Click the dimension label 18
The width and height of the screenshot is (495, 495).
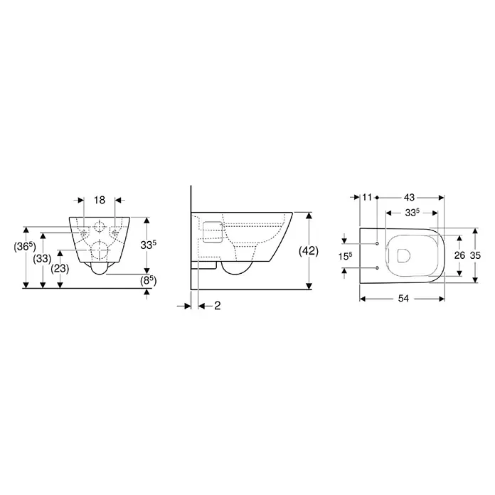pyautogui.click(x=100, y=200)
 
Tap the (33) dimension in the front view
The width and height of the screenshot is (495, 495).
pyautogui.click(x=42, y=259)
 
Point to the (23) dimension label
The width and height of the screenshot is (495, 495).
pyautogui.click(x=60, y=269)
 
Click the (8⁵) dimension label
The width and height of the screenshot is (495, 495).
pyautogui.click(x=149, y=280)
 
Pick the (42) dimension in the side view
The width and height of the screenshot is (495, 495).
pyautogui.click(x=309, y=251)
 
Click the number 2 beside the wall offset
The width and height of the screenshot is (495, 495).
pyautogui.click(x=218, y=306)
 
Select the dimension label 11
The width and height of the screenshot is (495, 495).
pyautogui.click(x=367, y=197)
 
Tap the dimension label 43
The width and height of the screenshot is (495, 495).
pyautogui.click(x=409, y=197)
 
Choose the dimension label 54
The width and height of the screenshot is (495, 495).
pyautogui.click(x=403, y=298)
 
